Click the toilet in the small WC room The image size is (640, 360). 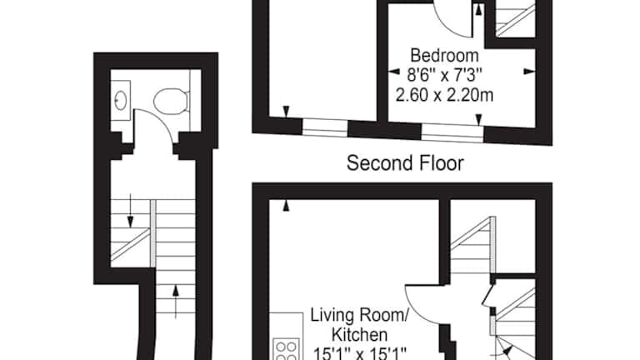click(172, 101)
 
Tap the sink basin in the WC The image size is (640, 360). click(120, 100)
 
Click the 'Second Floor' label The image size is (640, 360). click(405, 163)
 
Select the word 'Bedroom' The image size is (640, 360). click(444, 56)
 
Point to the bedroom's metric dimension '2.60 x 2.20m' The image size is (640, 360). click(444, 95)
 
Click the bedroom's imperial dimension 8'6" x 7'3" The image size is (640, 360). click(444, 75)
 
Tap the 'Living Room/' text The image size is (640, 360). click(359, 316)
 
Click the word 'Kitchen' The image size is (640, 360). click(359, 335)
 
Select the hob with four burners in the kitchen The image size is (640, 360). click(286, 349)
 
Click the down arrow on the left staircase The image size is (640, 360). click(130, 211)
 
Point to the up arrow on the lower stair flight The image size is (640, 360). click(176, 301)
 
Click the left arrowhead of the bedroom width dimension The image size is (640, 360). click(394, 72)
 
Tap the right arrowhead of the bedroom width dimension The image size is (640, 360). click(529, 72)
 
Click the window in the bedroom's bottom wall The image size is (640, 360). click(452, 132)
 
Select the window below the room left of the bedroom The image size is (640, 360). click(325, 127)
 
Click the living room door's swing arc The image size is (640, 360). click(414, 310)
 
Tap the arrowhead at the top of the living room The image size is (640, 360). click(286, 205)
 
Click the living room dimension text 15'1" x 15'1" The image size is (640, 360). click(359, 353)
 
